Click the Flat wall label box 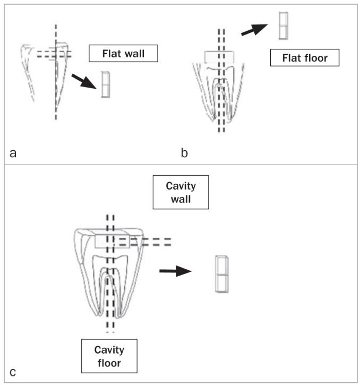tap(124, 53)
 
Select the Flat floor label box tap(304, 57)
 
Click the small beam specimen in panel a tap(105, 85)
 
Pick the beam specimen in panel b tap(284, 25)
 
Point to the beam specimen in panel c tap(221, 273)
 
